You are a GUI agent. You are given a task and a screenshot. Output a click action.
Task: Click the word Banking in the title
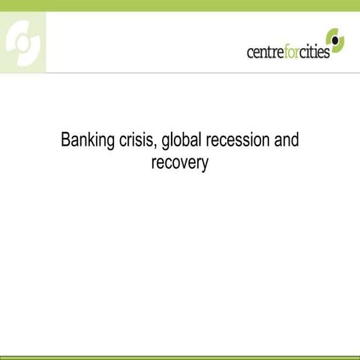point(86,141)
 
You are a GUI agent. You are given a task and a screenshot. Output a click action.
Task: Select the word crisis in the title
point(136,141)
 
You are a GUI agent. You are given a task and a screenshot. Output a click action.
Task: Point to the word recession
point(238,141)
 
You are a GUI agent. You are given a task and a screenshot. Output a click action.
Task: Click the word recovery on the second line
point(179,162)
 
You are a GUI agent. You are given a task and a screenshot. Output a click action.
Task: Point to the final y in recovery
point(204,163)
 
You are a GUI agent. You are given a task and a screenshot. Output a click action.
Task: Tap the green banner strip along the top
point(180,5)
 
